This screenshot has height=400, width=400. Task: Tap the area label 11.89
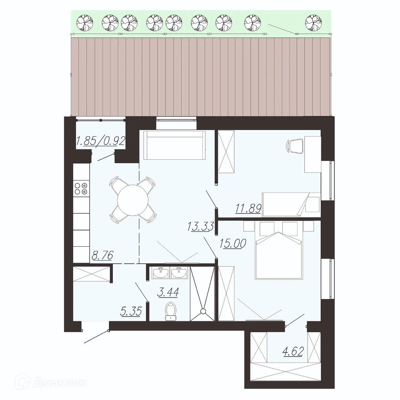(x=248, y=208)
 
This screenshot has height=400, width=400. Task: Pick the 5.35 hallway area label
(x=132, y=311)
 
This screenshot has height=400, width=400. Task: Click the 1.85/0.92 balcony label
(x=101, y=141)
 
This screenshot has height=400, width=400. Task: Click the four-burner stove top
(x=81, y=188)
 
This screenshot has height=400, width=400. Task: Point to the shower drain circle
(x=203, y=311)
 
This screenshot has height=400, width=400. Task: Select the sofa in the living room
(x=174, y=145)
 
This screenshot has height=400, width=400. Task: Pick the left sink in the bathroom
(x=161, y=273)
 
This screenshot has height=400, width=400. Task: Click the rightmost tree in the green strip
(x=313, y=22)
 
